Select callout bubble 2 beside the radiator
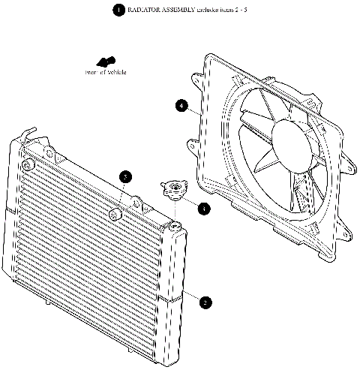pos(205,302)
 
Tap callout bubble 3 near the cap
pos(204,209)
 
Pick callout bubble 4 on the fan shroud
pos(181,106)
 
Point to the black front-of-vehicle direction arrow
pos(106,62)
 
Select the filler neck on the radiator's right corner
pos(175,226)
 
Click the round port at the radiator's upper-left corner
pos(27,164)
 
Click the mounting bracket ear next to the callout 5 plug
pos(136,200)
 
